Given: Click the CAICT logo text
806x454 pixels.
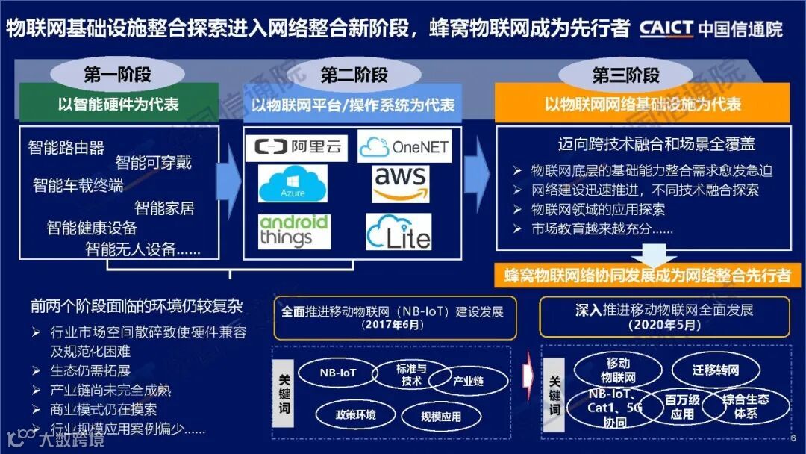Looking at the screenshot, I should click(x=666, y=28).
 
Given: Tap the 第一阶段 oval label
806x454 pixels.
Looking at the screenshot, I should click(x=118, y=75).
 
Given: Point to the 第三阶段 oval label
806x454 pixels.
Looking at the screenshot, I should click(x=626, y=75).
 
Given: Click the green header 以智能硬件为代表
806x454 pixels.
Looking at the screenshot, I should click(x=119, y=104).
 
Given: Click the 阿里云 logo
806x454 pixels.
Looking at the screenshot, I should click(x=297, y=147).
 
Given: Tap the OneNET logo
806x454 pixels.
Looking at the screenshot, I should click(x=404, y=147).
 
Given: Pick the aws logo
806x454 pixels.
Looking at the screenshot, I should click(x=401, y=184).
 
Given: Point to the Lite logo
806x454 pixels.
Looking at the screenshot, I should click(x=399, y=232).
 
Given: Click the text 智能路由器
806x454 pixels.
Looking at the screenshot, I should click(x=66, y=147).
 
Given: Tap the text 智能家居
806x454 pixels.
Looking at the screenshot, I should click(x=164, y=208).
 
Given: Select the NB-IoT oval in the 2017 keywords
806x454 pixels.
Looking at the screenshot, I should click(x=338, y=373).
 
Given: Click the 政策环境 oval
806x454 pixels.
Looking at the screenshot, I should click(x=355, y=414).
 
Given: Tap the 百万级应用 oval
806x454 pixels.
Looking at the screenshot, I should click(x=682, y=407).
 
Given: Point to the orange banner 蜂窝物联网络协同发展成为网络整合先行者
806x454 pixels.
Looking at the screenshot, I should click(x=646, y=275).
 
